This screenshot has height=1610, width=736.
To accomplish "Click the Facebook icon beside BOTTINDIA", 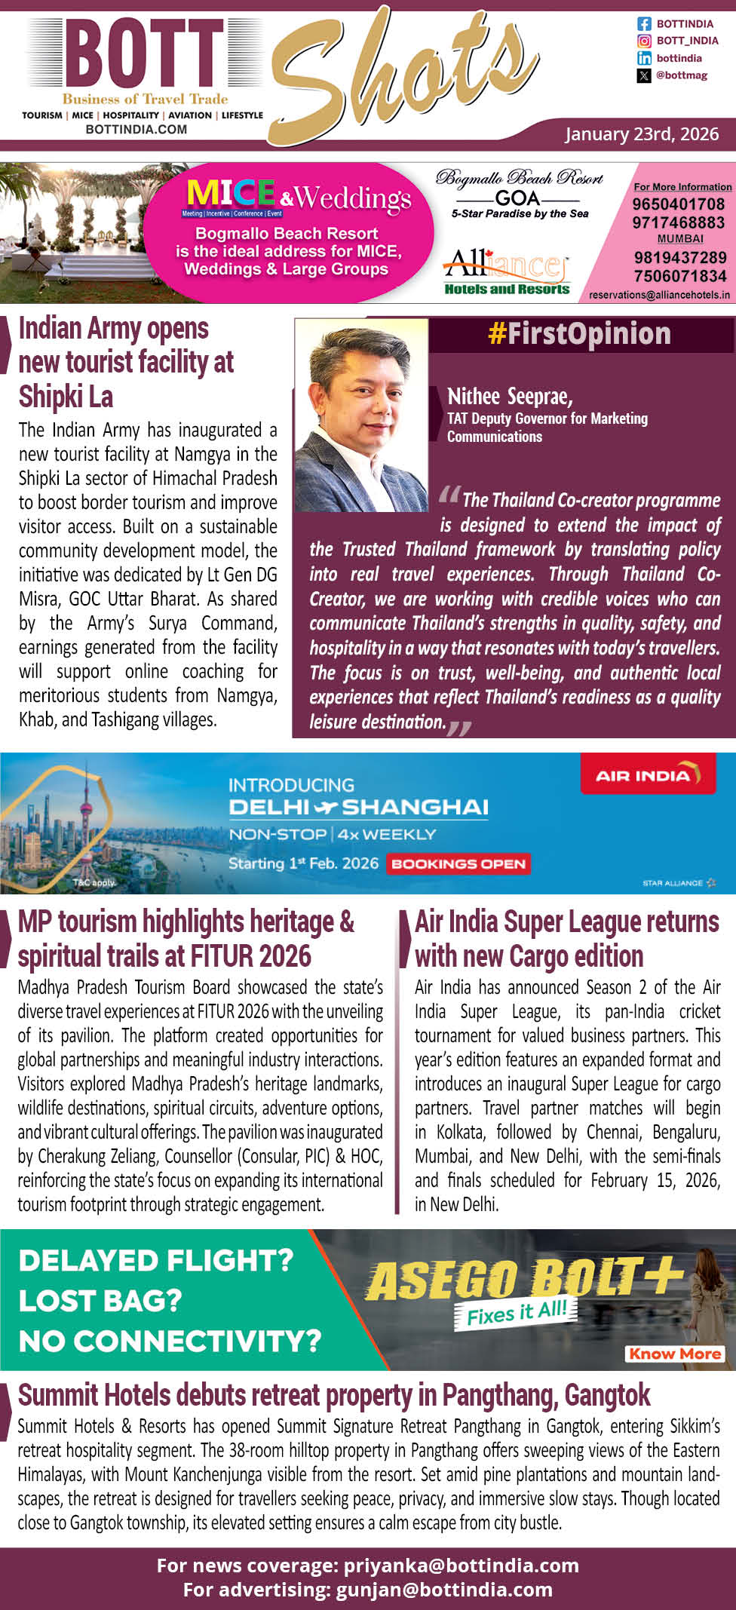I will [x=644, y=24].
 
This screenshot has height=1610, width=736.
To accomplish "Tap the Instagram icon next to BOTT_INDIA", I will [x=644, y=41].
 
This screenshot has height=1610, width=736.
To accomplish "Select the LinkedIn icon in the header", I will [x=644, y=58].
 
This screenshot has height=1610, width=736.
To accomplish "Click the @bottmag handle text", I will [x=682, y=75].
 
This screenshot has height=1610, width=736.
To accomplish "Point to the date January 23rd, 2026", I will [x=642, y=134].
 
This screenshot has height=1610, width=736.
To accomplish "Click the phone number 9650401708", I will [x=678, y=204].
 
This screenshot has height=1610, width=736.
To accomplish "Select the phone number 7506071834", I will [x=679, y=276].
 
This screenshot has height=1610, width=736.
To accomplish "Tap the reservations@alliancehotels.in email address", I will [x=659, y=295].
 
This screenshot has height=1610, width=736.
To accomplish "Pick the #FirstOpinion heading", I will [x=579, y=334].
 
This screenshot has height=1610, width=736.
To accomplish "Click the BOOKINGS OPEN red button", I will [x=458, y=864].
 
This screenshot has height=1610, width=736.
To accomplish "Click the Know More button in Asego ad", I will [x=675, y=1354].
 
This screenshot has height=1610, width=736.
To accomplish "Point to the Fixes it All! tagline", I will [x=517, y=1313].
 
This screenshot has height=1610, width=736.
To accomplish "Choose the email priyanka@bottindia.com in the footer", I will [x=461, y=1566].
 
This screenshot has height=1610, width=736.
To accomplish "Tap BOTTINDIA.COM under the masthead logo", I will [x=136, y=130].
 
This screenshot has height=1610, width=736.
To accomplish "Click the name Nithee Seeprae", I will [x=510, y=397].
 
